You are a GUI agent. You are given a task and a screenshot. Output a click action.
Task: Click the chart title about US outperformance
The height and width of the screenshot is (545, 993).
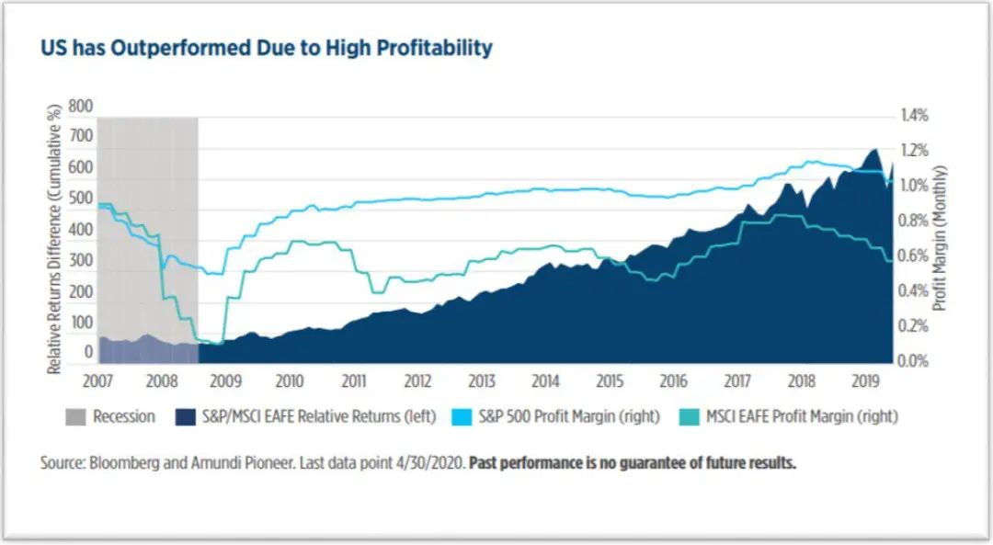266,48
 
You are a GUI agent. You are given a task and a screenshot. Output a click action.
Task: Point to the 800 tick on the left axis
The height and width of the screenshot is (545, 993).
81,106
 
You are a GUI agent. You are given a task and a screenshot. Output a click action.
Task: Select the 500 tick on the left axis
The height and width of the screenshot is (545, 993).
81,199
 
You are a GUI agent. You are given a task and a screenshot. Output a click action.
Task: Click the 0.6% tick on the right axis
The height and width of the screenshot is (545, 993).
915,256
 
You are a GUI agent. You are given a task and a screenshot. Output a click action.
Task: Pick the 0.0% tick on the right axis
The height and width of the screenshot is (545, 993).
915,361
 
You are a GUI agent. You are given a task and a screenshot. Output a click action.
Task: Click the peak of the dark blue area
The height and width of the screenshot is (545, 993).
873,149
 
